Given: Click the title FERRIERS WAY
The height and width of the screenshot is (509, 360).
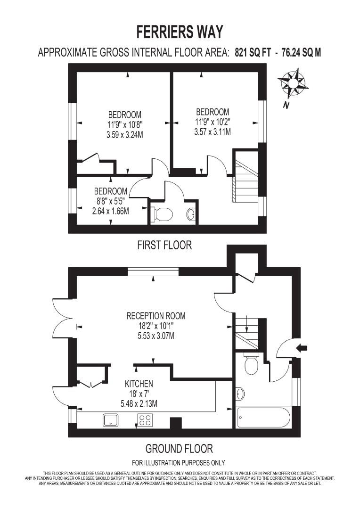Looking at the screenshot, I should pyautogui.click(x=180, y=32).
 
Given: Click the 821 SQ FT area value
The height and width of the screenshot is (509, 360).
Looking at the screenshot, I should pyautogui.click(x=253, y=53).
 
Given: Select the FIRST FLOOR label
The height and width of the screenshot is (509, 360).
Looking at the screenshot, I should pyautogui.click(x=164, y=245).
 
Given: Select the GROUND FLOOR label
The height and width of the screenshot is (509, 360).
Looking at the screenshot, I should pyautogui.click(x=179, y=448).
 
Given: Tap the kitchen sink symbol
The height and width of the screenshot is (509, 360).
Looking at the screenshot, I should pyautogui.click(x=113, y=419).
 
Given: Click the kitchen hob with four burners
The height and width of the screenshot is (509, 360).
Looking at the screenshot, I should pyautogui.click(x=146, y=419).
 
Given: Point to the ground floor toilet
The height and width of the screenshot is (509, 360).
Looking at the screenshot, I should pyautogui.click(x=251, y=363).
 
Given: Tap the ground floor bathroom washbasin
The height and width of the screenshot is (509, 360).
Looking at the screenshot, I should pyautogui.click(x=240, y=394).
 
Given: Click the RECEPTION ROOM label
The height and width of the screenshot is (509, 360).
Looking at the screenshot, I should pyautogui.click(x=156, y=316).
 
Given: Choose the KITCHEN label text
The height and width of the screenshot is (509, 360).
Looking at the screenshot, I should pyautogui.click(x=139, y=384).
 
